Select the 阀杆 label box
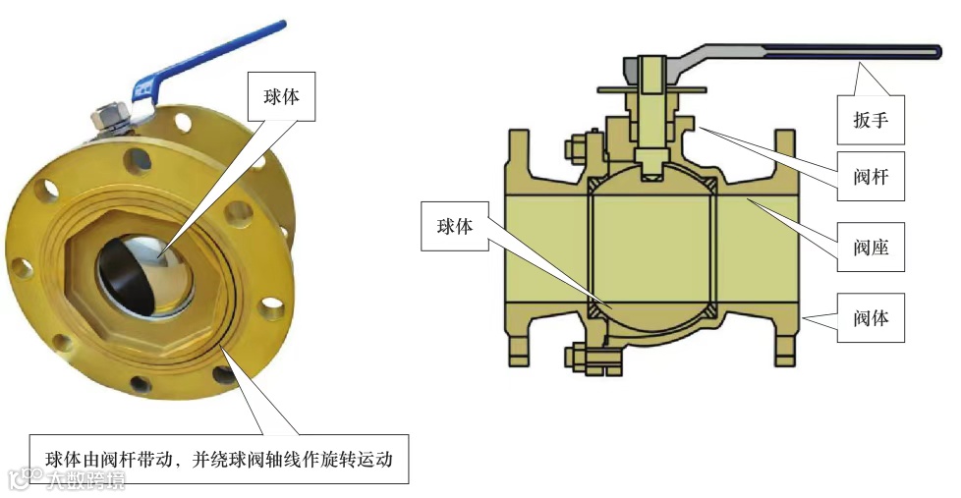[x=872, y=179]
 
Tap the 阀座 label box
[x=872, y=247]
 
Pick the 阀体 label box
[x=872, y=316]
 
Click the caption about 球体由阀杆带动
[x=219, y=459]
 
